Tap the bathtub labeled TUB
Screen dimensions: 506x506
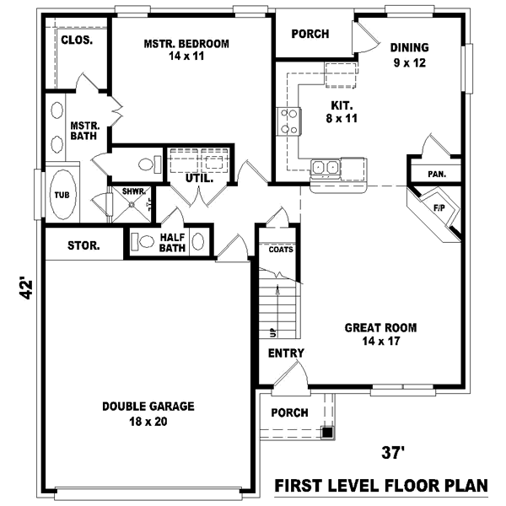[x=62, y=195]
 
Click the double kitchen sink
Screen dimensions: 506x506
[x=325, y=168]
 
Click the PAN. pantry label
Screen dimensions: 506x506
[x=436, y=174]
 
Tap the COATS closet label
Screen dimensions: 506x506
[x=280, y=250]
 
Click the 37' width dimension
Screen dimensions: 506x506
[x=393, y=453]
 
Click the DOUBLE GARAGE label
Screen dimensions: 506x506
[x=148, y=406]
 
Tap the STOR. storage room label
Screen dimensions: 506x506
[x=83, y=246]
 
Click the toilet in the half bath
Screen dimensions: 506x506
[x=144, y=241]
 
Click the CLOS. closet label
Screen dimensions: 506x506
[x=77, y=40]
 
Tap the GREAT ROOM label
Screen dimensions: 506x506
[x=380, y=327]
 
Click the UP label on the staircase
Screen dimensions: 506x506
[x=272, y=331]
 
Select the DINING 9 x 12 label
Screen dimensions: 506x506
[x=408, y=47]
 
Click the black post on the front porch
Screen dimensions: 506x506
[x=327, y=433]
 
